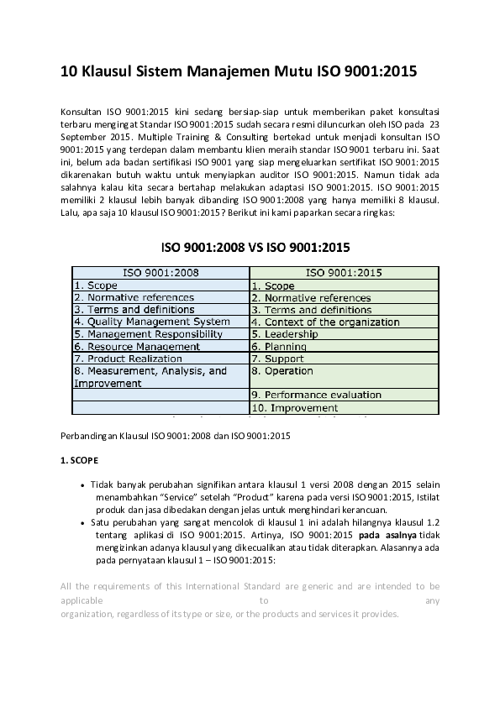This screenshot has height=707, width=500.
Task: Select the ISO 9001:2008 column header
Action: (161, 273)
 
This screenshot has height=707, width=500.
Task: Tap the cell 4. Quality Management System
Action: (152, 322)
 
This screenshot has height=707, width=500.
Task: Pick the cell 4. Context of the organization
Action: (325, 322)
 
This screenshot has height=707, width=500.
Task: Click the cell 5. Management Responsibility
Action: (149, 334)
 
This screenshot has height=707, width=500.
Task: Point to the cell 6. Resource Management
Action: (137, 346)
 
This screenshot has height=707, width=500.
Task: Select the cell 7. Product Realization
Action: (128, 359)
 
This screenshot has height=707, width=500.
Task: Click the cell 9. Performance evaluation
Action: (316, 395)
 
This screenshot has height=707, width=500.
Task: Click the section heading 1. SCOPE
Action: (80, 461)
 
